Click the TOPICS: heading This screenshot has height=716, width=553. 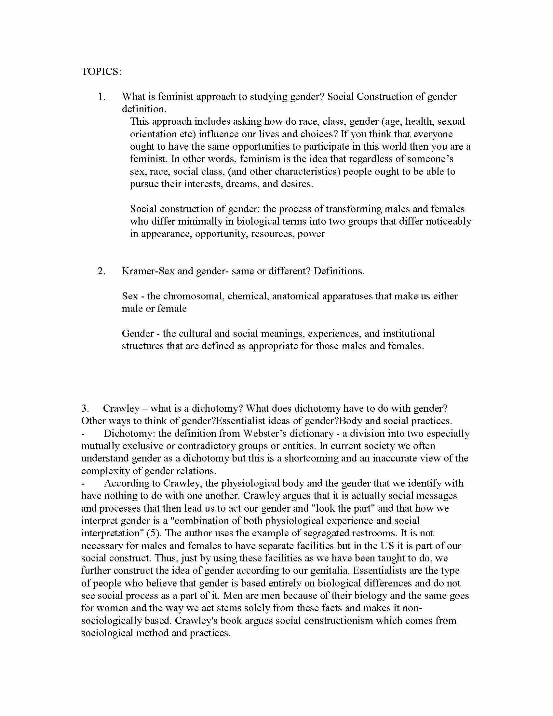click(x=101, y=72)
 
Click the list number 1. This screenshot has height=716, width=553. click(x=101, y=97)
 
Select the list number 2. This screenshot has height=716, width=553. click(x=101, y=271)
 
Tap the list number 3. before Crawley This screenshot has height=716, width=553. click(x=85, y=408)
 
